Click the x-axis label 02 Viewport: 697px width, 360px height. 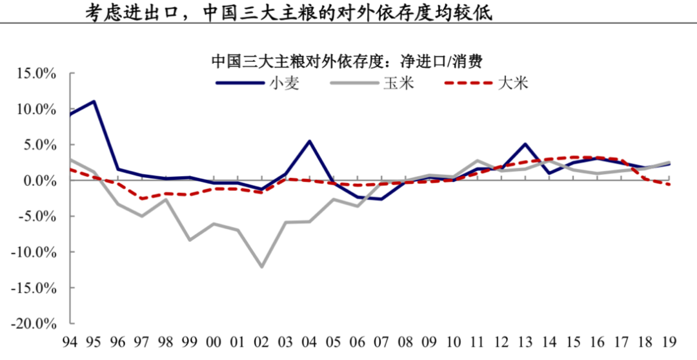(x=262, y=341)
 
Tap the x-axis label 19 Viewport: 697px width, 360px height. (x=669, y=341)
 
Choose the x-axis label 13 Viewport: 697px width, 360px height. (x=525, y=341)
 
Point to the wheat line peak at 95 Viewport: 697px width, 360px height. (x=94, y=101)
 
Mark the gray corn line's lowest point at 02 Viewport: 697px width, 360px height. (x=262, y=266)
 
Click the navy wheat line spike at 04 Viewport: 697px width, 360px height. (x=310, y=141)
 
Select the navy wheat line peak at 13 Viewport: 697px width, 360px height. (x=525, y=144)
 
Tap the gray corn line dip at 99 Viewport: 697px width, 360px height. (x=190, y=240)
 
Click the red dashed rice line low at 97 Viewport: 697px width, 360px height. (x=142, y=199)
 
